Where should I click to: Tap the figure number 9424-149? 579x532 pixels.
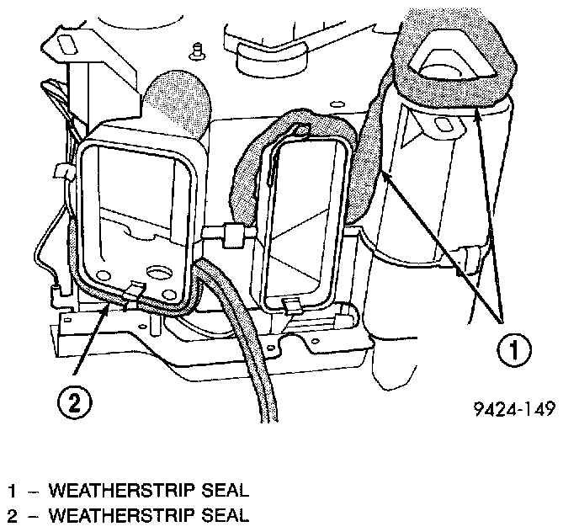pos(515,412)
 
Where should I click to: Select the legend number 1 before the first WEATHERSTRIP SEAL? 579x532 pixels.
pos(13,490)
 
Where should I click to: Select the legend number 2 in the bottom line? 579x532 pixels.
pos(13,513)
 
